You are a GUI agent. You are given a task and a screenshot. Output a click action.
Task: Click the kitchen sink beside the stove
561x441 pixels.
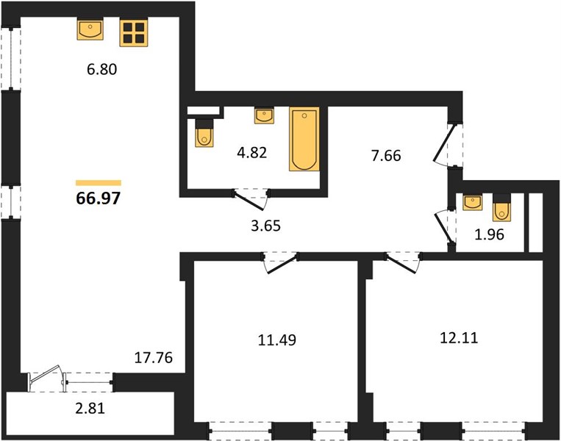click(90, 29)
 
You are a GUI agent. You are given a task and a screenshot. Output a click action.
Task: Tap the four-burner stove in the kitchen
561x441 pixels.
click(134, 33)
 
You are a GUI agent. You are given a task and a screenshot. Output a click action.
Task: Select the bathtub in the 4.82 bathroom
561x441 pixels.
click(304, 139)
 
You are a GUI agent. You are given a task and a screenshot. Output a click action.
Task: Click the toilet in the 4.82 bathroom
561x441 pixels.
click(204, 133)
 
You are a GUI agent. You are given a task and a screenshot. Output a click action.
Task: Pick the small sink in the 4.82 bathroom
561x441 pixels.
click(265, 115)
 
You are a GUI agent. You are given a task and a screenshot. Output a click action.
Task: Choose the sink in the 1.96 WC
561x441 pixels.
click(473, 202)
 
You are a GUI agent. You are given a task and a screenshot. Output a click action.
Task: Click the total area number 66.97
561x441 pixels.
click(99, 198)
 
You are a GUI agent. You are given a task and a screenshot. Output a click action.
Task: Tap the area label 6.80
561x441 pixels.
click(102, 69)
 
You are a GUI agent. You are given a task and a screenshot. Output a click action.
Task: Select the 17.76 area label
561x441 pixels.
click(154, 357)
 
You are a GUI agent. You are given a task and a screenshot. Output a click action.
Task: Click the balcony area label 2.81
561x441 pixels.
click(90, 408)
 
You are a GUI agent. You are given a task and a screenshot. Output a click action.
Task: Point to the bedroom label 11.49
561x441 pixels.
click(277, 340)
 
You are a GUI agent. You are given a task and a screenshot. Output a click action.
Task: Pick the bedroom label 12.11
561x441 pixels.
click(459, 337)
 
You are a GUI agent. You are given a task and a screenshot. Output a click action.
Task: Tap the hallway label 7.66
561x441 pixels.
click(386, 156)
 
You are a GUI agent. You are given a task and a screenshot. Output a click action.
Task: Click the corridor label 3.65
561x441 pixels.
click(266, 226)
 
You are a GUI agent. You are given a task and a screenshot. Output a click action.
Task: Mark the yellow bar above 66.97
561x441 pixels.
click(99, 183)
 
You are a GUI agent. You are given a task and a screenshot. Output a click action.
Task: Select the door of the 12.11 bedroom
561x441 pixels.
click(403, 263)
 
